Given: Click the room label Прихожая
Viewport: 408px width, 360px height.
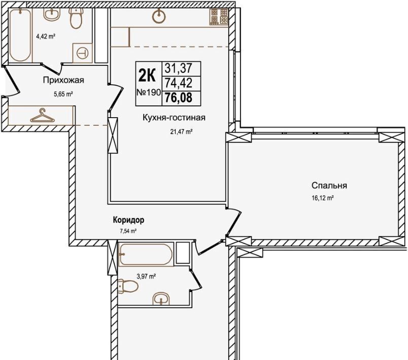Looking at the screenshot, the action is (63, 80).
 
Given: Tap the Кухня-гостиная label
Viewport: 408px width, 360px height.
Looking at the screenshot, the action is (174, 118).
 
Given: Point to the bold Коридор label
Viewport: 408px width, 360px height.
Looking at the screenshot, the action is (128, 220).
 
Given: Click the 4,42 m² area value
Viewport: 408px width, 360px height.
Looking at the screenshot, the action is (46, 37).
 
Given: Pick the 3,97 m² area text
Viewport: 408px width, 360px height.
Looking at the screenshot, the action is (146, 276).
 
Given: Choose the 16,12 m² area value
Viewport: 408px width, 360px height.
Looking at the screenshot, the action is (323, 198).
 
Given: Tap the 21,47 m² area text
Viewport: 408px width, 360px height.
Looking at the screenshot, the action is (181, 132).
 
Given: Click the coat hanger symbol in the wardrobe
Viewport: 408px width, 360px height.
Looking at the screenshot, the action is (43, 116).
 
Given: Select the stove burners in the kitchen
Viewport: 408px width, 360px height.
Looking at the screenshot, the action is (219, 17).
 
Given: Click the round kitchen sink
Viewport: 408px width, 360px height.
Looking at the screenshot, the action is (159, 17).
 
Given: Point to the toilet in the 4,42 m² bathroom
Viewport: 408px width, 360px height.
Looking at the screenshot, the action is (76, 18).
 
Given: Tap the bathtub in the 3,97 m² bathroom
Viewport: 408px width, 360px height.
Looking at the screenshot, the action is (146, 254).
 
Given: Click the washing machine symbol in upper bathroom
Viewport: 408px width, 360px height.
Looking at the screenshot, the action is (83, 53).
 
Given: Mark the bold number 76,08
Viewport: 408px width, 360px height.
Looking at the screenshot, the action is (179, 98).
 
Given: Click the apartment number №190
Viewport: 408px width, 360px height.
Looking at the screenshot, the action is (149, 92).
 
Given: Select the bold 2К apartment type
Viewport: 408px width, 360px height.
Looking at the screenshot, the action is (147, 76).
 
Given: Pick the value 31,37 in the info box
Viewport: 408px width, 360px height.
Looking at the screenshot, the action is (179, 68).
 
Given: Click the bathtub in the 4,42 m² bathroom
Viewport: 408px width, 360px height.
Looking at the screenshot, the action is (20, 35).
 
